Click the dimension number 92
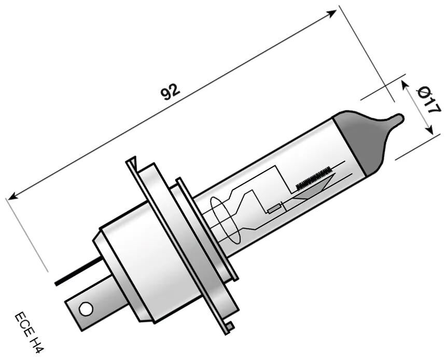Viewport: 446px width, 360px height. coord(170,92)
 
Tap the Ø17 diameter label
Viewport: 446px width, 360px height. coord(429,101)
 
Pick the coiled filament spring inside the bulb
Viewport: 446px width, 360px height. coord(313,177)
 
